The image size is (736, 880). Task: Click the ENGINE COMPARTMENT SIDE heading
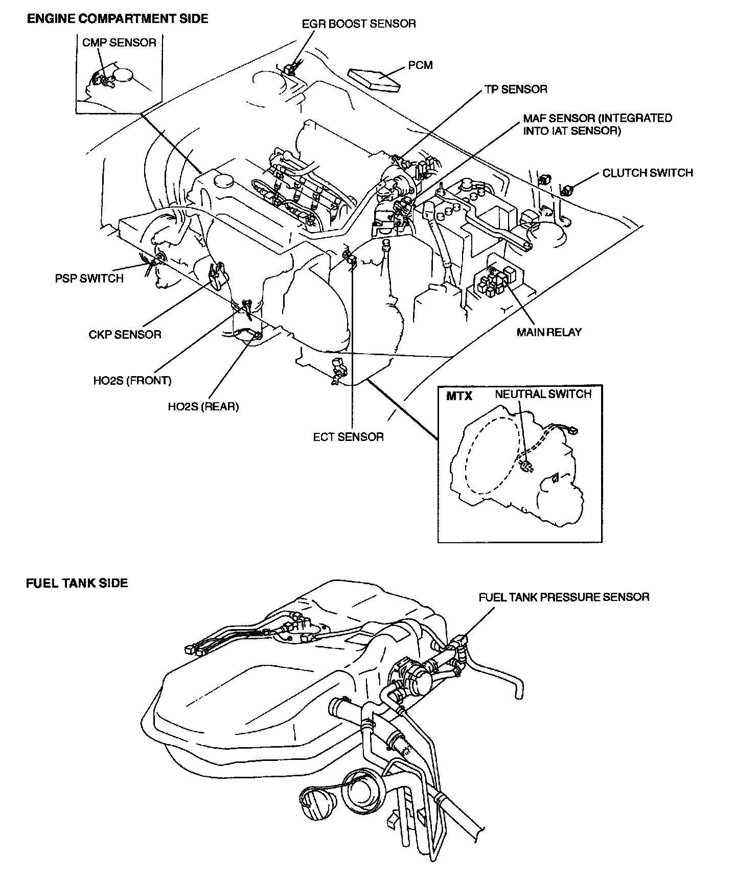pos(117,19)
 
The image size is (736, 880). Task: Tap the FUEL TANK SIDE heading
pos(77,583)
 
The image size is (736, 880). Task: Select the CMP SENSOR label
pos(119,42)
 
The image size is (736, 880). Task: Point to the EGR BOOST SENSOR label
pos(359,24)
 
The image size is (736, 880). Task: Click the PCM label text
pos(421,65)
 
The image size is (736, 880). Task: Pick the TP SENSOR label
pos(516,89)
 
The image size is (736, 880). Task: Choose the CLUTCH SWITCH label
pos(648,173)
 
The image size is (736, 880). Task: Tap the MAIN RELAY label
pos(549,332)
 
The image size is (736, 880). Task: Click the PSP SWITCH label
pos(89,279)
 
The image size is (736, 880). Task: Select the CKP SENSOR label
pos(125,335)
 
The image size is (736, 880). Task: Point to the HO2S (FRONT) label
pos(132,381)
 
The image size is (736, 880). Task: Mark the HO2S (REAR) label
pos(203,407)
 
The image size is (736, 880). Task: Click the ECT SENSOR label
pos(348,437)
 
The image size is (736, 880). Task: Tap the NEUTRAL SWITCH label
pos(543,394)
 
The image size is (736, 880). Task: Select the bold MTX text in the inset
pos(459,396)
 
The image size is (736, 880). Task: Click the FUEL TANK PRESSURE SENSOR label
pos(564,597)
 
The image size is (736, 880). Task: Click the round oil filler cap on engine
pos(224,181)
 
